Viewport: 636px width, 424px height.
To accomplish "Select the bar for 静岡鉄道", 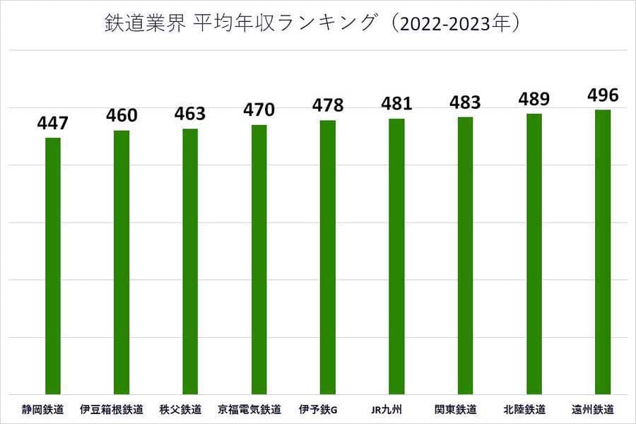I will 53,266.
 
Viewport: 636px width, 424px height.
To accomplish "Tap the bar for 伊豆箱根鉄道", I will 122,262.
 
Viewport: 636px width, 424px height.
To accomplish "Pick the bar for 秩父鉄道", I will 190,261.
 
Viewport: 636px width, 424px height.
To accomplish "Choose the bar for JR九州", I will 396,257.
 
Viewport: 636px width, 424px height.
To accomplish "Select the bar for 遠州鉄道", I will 603,252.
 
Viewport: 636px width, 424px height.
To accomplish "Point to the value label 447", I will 53,124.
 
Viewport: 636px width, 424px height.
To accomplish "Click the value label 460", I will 122,115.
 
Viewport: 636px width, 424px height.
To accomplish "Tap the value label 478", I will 328,106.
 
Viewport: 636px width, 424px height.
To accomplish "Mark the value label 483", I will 465,102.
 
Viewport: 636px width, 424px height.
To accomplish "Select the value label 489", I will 534,99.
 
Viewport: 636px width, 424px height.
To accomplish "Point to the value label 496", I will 603,95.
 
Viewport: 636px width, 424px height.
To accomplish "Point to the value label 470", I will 259,110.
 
